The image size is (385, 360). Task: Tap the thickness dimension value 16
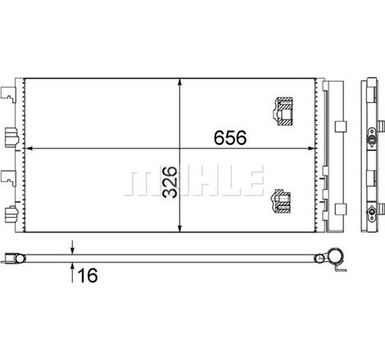point(88,277)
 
